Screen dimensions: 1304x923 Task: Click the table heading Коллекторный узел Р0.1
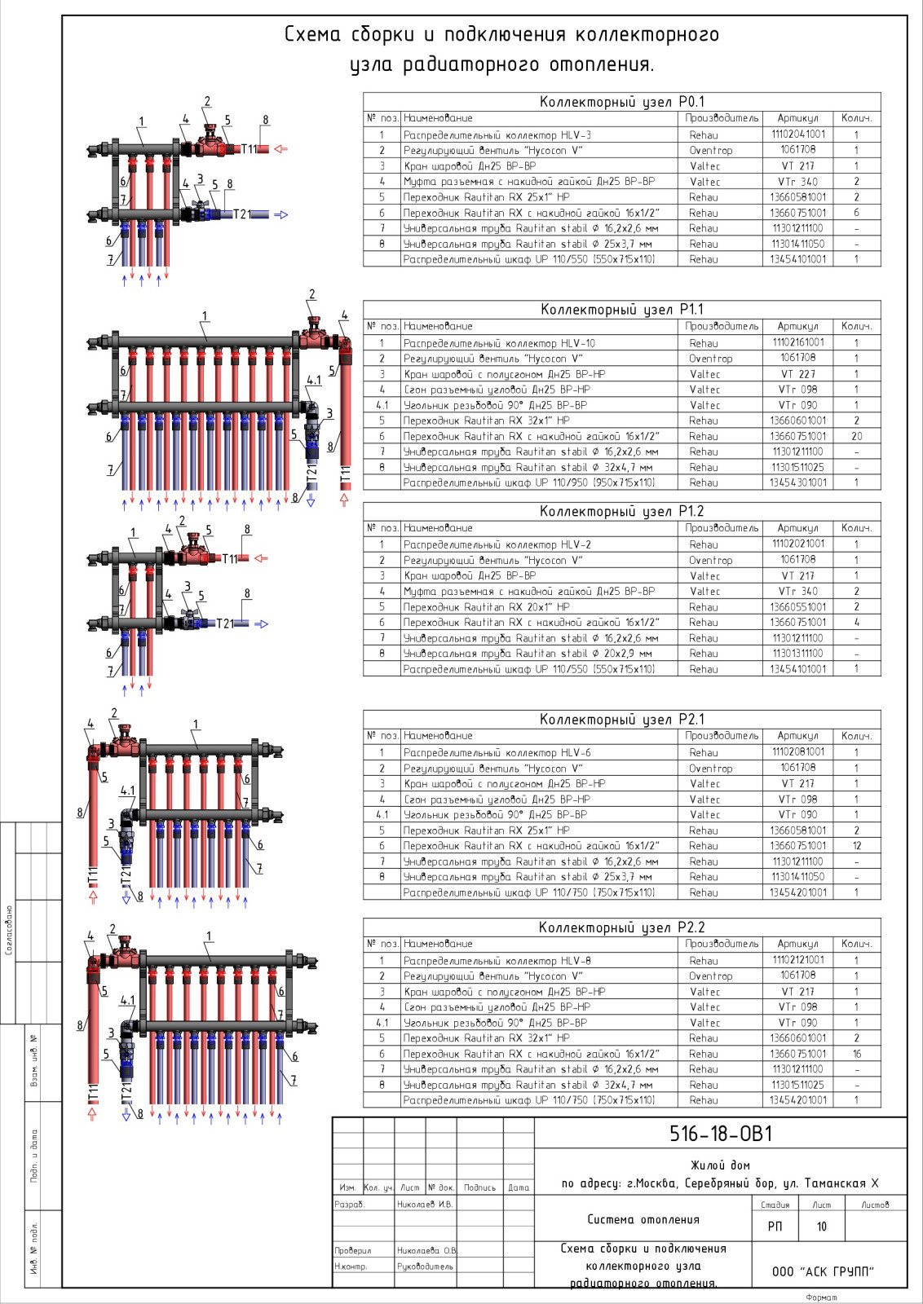(x=621, y=102)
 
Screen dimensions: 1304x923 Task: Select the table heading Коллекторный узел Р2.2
(x=621, y=927)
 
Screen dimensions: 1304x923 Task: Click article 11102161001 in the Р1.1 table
(x=797, y=342)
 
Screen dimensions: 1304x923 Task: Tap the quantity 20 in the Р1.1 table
(x=856, y=436)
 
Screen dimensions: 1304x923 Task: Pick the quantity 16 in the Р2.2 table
(x=856, y=1054)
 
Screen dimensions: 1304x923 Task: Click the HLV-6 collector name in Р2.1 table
(x=497, y=753)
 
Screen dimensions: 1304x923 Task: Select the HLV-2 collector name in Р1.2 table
(x=497, y=544)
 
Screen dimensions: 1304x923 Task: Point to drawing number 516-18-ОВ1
(x=721, y=1134)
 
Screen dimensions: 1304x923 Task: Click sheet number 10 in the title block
(x=821, y=1227)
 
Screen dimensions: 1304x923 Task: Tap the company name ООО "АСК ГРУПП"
(x=823, y=1271)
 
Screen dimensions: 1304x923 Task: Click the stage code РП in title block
(x=775, y=1227)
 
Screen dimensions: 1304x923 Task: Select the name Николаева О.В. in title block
(x=426, y=1250)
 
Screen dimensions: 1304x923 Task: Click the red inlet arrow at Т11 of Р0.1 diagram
(x=281, y=149)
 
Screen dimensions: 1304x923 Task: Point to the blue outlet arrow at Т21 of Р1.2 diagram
(x=261, y=624)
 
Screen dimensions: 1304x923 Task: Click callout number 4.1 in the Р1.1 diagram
(x=313, y=381)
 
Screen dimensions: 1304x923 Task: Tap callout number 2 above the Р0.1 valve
(x=207, y=102)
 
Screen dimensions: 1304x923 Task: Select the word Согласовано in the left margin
(x=9, y=929)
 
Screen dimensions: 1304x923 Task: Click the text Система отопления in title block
(x=643, y=1219)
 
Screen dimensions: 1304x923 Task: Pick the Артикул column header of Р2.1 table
(x=797, y=735)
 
